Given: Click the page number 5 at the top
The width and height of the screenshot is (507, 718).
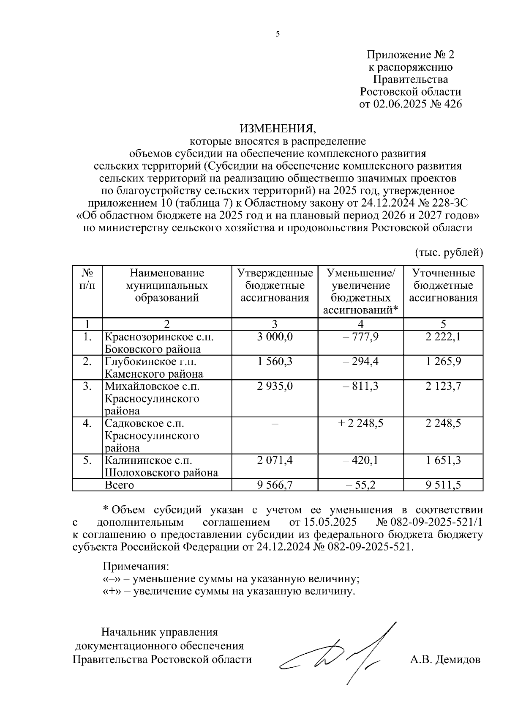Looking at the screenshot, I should tap(278, 35).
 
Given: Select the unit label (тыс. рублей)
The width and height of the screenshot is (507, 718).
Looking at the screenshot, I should tap(448, 252).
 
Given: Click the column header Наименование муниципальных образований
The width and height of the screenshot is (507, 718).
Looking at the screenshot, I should tap(167, 285).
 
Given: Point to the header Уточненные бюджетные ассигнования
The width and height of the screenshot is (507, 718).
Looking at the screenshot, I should tap(443, 285).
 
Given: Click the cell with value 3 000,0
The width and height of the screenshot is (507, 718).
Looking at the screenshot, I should tap(275, 337).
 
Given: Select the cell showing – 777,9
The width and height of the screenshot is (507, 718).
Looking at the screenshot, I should tap(360, 337).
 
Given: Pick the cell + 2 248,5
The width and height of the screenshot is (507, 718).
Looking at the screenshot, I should tap(360, 423).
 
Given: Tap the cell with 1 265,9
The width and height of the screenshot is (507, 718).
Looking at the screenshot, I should tap(443, 362).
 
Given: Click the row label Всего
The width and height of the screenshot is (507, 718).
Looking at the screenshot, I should tap(119, 485).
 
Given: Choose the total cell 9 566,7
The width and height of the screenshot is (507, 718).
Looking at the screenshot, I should tap(275, 485).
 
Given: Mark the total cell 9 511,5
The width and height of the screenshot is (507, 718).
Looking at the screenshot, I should tap(443, 485).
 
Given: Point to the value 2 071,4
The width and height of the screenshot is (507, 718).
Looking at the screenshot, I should tap(275, 460).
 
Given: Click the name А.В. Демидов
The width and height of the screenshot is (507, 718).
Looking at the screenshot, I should tap(445, 659).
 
